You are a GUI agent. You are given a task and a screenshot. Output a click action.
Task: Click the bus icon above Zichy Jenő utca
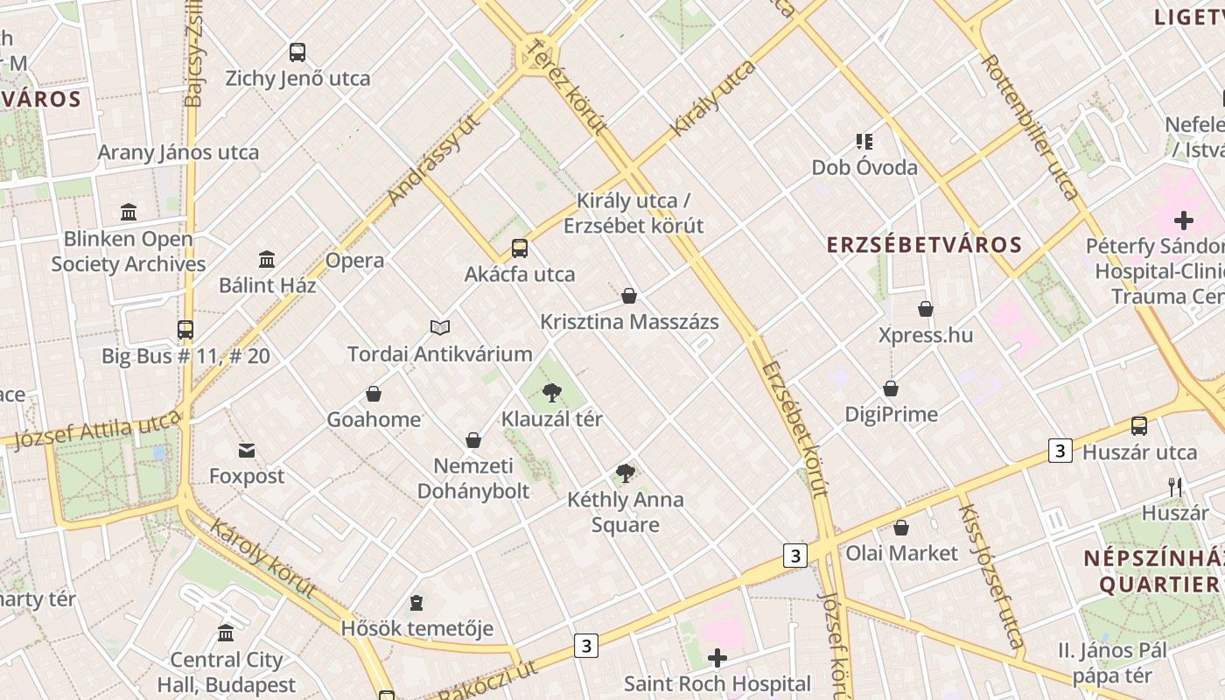coord(297,52)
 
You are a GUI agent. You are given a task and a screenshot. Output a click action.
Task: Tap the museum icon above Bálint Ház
coord(267,259)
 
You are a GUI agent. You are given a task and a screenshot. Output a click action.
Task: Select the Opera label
coord(354,261)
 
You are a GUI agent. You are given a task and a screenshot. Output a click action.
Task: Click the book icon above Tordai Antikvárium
coord(440,328)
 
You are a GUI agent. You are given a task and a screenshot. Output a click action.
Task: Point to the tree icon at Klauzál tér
coord(551,392)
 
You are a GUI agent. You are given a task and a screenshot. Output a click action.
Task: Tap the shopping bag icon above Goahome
coord(374,394)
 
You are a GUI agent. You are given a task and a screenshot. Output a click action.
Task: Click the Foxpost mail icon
coord(247,451)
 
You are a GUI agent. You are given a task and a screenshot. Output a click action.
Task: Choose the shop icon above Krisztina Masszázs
coord(628,296)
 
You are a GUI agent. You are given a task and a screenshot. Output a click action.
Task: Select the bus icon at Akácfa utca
coord(520,248)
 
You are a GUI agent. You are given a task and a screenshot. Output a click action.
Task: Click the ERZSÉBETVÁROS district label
coord(925,245)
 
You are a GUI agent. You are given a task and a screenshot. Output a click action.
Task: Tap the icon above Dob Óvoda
coord(864,141)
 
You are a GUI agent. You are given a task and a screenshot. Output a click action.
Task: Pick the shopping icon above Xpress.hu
coord(926,309)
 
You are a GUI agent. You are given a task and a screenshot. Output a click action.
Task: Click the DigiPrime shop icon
coord(891,388)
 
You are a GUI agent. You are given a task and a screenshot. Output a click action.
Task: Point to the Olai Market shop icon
coord(901,528)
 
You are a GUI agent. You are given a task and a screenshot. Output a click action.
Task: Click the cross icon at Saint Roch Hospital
coord(717,657)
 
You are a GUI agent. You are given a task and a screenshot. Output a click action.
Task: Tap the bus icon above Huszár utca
coord(1139,426)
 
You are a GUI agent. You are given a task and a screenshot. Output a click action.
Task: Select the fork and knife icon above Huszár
coord(1175,487)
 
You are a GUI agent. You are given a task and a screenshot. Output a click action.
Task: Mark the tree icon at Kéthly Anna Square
coord(625,473)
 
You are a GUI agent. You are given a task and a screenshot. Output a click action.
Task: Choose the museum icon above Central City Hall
coord(226,633)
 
